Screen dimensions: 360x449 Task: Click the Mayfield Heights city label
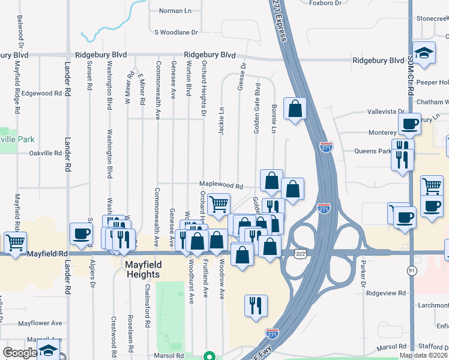point(142,269)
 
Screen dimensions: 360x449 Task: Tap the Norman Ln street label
point(175,11)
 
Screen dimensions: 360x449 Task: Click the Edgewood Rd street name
point(41,94)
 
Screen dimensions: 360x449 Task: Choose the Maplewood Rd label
point(221,187)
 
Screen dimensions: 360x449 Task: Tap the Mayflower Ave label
point(40,323)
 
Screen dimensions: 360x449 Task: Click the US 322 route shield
point(299,255)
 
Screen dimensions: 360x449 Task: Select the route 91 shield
point(411,271)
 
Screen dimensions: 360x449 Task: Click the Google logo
point(20,353)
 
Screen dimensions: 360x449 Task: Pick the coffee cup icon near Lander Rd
point(81,234)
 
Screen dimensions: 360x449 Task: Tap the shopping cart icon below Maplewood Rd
point(218,204)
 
